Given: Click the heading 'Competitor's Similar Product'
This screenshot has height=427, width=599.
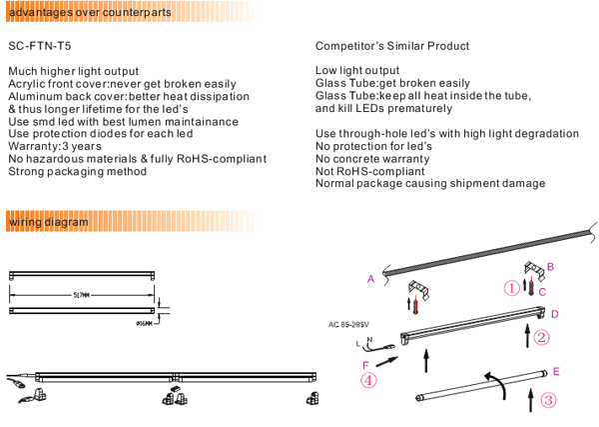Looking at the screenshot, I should [391, 46].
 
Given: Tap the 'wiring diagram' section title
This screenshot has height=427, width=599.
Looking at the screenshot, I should [47, 220].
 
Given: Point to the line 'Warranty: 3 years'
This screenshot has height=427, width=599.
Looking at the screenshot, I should [55, 146].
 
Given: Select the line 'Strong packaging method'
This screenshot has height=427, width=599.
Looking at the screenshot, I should [77, 171].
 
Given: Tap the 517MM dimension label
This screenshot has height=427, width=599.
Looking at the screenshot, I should [82, 295].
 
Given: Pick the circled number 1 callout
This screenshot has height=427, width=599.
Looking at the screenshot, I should [510, 289].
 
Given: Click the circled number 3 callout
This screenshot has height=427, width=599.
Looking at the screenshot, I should [547, 400].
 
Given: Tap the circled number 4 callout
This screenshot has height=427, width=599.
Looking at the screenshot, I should [368, 380].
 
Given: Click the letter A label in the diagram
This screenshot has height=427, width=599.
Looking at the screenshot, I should [370, 279].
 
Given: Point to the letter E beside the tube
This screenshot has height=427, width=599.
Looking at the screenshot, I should [555, 371].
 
